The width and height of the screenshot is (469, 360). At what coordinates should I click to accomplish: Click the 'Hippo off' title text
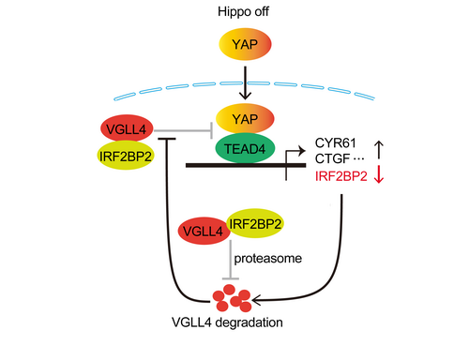243,12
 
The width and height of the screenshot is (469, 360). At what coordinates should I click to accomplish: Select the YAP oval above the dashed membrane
245,44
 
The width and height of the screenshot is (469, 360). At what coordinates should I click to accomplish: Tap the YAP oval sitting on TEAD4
245,119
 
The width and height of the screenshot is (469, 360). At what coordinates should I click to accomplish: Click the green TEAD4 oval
245,149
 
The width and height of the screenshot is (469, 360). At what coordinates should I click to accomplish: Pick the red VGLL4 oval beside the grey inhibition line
127,128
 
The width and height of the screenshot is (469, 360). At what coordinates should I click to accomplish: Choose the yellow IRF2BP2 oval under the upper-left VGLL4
126,156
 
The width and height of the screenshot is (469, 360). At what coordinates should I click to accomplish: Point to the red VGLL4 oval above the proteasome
204,231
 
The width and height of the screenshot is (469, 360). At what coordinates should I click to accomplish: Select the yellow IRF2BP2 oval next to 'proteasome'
255,223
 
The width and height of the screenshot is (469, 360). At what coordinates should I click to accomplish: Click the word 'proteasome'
268,259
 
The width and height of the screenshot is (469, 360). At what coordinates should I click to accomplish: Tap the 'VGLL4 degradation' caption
227,322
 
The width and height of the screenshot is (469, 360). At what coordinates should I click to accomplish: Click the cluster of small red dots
232,298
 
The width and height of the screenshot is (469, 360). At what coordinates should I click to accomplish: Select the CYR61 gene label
336,142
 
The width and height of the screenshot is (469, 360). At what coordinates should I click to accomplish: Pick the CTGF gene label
332,158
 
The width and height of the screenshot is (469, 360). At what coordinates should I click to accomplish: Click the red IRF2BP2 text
341,176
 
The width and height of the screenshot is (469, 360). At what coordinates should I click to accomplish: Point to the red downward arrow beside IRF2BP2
379,174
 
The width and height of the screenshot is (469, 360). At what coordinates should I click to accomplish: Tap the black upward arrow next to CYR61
379,150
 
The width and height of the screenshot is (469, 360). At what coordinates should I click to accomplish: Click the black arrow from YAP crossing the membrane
245,83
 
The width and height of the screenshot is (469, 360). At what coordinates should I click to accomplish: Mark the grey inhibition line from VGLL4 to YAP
184,130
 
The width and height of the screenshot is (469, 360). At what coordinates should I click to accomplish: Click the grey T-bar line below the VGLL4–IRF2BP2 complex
231,260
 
